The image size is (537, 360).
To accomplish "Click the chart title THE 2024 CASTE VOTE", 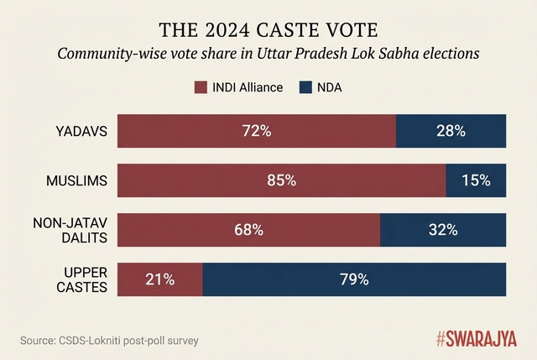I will coord(268,31).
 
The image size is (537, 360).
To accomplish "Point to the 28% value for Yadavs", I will coord(451,131).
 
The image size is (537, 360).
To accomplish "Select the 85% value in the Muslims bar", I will coord(281,180).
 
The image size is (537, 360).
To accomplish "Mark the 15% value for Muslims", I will coord(476,180).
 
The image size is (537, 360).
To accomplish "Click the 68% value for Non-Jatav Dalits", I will coord(249,229).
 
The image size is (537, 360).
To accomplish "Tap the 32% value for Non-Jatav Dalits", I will coord(443,229).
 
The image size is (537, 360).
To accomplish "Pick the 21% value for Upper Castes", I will coord(160,279).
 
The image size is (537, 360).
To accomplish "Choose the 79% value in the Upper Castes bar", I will coord(354,279).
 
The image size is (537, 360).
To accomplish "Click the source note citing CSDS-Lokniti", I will coord(109,340).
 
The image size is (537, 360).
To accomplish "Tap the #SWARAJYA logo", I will coord(476,339).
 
